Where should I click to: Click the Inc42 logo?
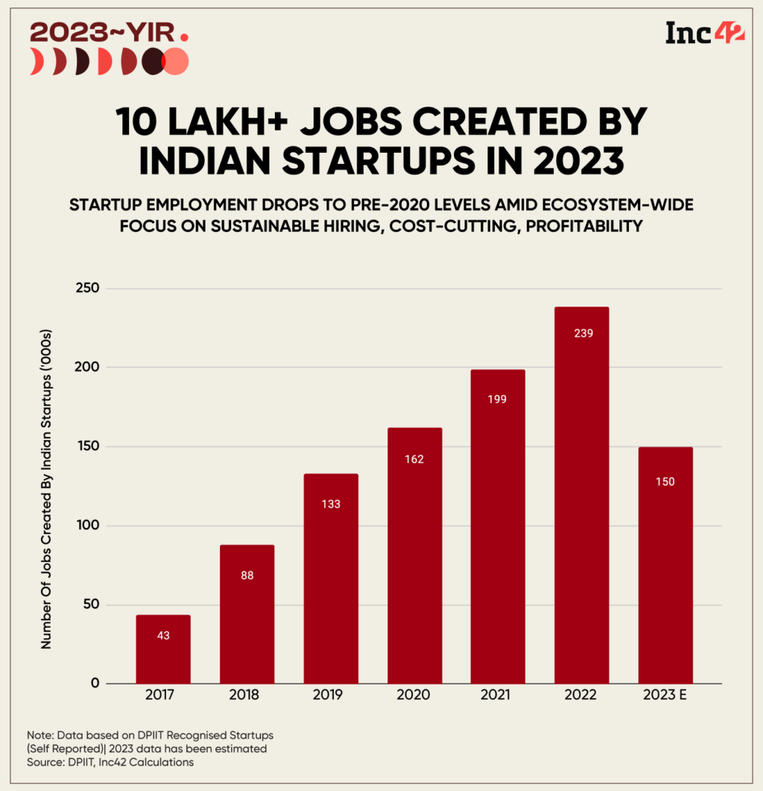coord(704,34)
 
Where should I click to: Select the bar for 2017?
coord(163,649)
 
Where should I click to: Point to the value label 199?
coord(498,399)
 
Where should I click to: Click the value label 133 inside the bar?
coord(331,504)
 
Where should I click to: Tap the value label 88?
coord(247,575)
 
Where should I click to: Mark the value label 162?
coord(414,458)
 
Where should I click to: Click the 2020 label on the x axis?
coord(414,695)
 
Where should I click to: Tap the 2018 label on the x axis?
coord(247,695)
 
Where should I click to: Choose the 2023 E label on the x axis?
coord(665,695)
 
